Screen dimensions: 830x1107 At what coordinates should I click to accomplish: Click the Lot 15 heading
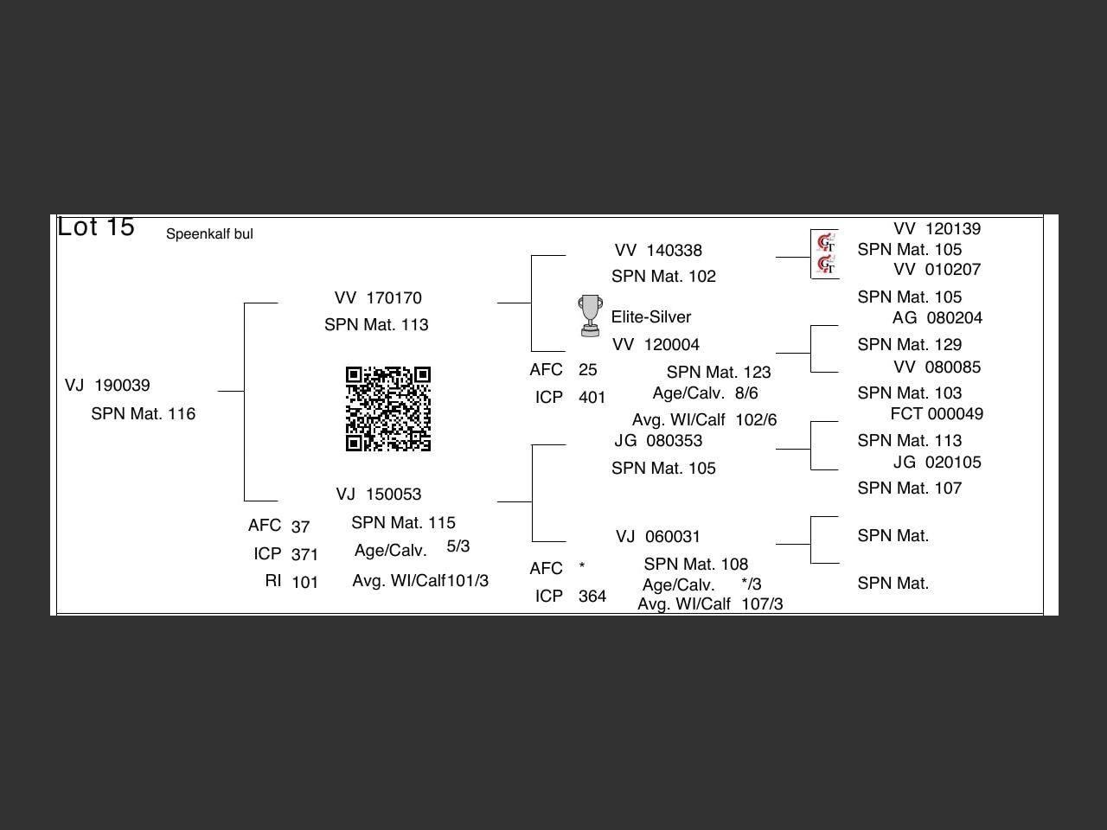(96, 227)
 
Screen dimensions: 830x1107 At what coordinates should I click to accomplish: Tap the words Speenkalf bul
(209, 234)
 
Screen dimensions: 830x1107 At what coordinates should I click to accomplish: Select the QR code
(388, 409)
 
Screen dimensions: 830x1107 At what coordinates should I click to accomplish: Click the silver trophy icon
(590, 316)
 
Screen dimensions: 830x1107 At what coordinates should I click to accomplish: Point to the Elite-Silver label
(651, 317)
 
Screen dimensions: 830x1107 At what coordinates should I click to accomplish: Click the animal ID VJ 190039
(107, 386)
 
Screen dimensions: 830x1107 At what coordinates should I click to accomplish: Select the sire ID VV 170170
(378, 298)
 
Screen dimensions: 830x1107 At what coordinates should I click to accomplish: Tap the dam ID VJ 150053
(379, 495)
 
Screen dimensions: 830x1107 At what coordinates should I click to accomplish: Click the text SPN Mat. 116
(144, 414)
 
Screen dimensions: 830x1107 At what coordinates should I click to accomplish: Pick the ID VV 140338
(658, 251)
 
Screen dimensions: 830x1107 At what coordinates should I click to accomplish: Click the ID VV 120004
(656, 345)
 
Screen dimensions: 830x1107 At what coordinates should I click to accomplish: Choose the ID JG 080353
(658, 441)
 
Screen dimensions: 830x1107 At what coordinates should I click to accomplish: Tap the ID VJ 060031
(658, 537)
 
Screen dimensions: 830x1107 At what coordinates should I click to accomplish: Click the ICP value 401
(592, 398)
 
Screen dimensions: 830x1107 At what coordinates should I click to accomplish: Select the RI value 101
(304, 583)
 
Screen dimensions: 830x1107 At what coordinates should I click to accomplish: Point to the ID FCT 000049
(937, 414)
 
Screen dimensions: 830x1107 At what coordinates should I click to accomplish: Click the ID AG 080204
(937, 318)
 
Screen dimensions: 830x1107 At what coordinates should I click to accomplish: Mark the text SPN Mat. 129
(910, 345)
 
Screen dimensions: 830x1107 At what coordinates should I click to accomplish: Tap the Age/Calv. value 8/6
(746, 393)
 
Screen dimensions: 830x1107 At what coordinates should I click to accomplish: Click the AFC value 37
(300, 527)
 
